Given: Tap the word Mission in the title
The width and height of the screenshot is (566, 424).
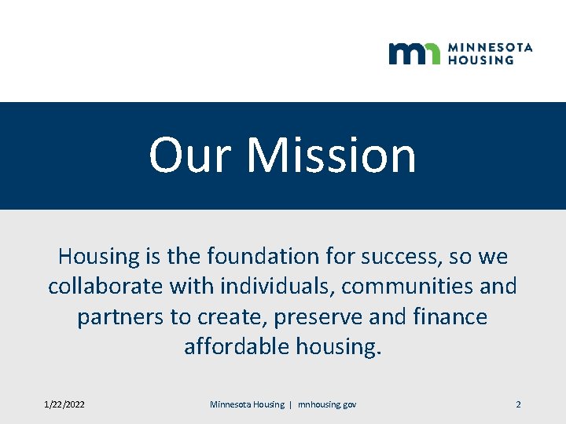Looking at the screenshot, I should coord(331,155).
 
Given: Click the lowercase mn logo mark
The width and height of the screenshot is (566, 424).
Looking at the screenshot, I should coord(414,53).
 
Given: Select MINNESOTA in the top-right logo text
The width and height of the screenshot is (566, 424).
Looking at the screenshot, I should coord(490,47).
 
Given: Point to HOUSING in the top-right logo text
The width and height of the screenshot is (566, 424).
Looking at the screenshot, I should coord(480,60).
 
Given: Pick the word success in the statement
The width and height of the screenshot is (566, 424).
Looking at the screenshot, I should coord(406,256).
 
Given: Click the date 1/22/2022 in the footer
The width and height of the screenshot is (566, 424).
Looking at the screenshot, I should coord(64,404).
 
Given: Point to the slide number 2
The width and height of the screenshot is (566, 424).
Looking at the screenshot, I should coord(518,404).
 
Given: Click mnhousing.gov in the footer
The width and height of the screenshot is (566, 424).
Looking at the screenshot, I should coord(327,404).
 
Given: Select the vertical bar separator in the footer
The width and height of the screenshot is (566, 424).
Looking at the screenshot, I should coord(291,404).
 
